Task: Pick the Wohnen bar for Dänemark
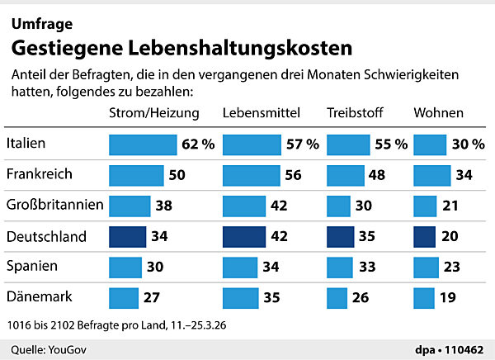(423, 297)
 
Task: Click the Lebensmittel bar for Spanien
(243, 268)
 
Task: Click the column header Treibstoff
(354, 112)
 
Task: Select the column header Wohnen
(438, 112)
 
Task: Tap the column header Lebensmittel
(261, 112)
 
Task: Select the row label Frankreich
(38, 175)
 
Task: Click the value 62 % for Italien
(198, 144)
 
